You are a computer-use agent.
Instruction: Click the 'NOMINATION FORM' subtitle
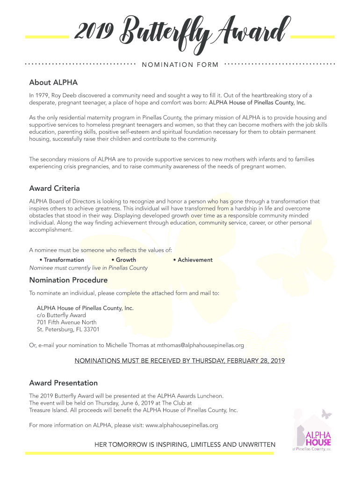pos(180,65)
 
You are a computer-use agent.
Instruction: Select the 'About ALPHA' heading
pos(53,83)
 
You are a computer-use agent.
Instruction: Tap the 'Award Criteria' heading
pos(54,189)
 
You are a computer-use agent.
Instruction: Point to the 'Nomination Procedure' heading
pos(68,280)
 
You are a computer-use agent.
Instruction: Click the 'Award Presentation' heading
pos(64,383)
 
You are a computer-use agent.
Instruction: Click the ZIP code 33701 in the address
pos(90,329)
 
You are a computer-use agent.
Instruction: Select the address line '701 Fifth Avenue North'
pos(66,322)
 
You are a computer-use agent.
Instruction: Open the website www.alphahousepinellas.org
pos(182,425)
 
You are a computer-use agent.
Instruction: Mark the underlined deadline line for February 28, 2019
pos(180,361)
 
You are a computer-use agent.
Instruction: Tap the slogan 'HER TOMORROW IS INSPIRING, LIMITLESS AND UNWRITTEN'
pos(185,444)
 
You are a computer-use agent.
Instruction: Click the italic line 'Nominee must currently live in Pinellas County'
pos(88,268)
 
